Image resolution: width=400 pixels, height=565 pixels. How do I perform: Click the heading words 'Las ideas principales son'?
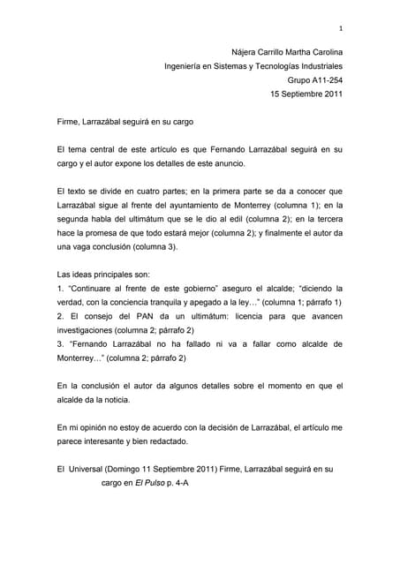click(102, 275)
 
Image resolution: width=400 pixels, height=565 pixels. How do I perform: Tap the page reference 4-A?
click(199, 484)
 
